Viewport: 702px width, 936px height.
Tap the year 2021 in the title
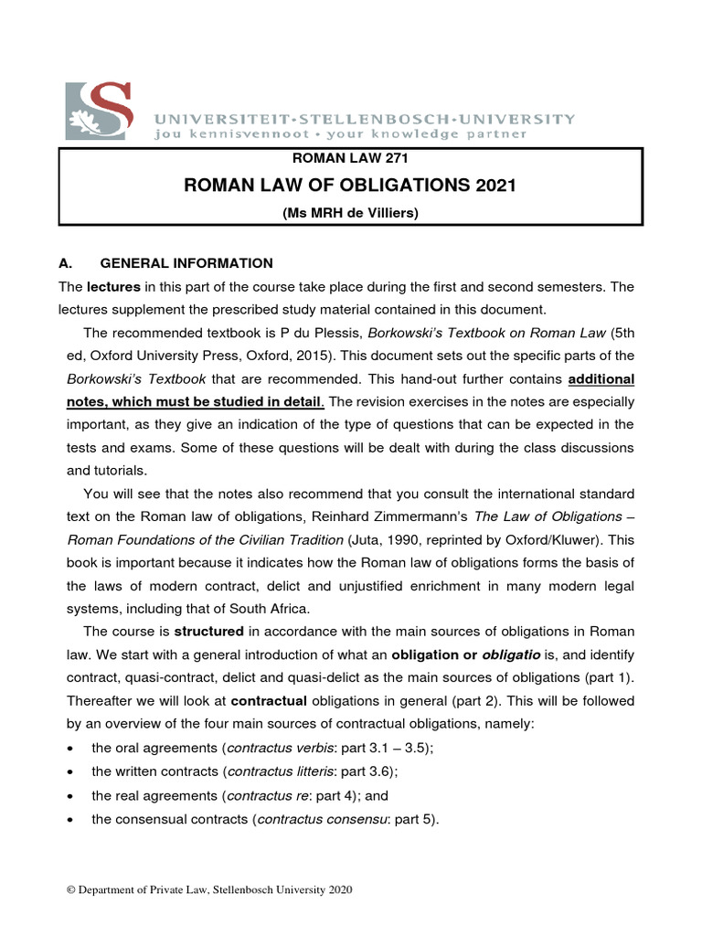(x=495, y=186)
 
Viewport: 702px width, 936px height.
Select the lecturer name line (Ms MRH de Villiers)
(x=351, y=213)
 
